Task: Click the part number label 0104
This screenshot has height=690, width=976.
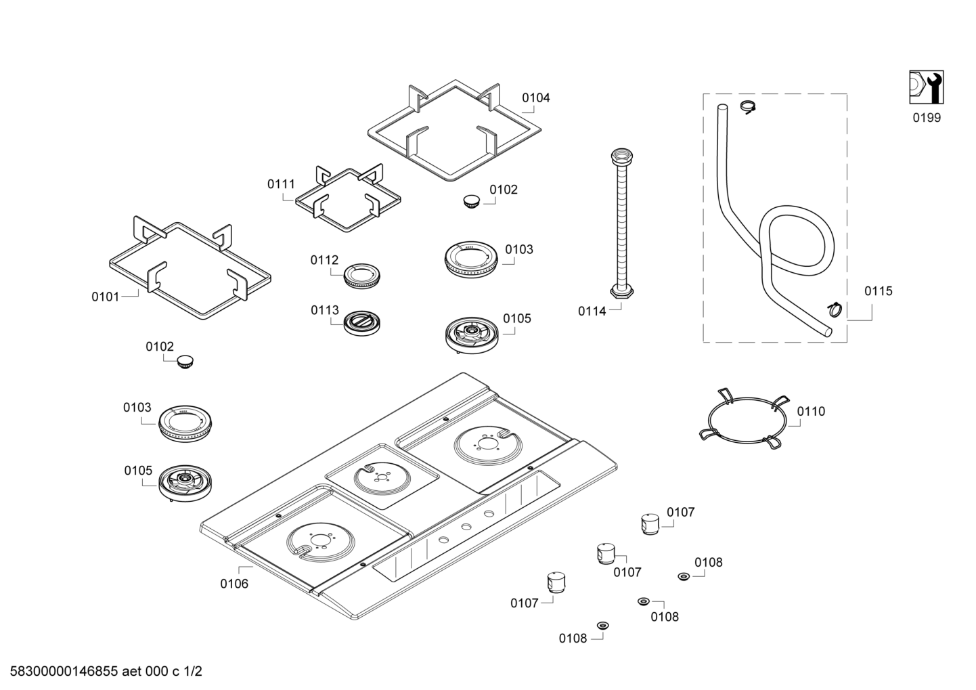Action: [535, 98]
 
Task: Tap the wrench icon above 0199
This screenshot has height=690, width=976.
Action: [926, 87]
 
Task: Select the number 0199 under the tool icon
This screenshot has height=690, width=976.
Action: [926, 118]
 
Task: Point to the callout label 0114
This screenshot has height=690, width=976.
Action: [592, 311]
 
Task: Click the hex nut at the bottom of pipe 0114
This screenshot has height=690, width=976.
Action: [622, 291]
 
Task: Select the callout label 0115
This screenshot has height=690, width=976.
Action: [878, 291]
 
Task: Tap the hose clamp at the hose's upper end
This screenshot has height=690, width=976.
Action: [748, 106]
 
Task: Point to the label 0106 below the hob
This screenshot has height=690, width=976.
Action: [234, 584]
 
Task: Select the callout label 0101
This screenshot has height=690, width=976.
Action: [106, 297]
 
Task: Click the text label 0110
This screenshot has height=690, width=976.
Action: [811, 412]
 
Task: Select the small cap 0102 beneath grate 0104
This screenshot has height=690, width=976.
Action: [469, 200]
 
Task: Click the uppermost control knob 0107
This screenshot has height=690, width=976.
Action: [650, 524]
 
